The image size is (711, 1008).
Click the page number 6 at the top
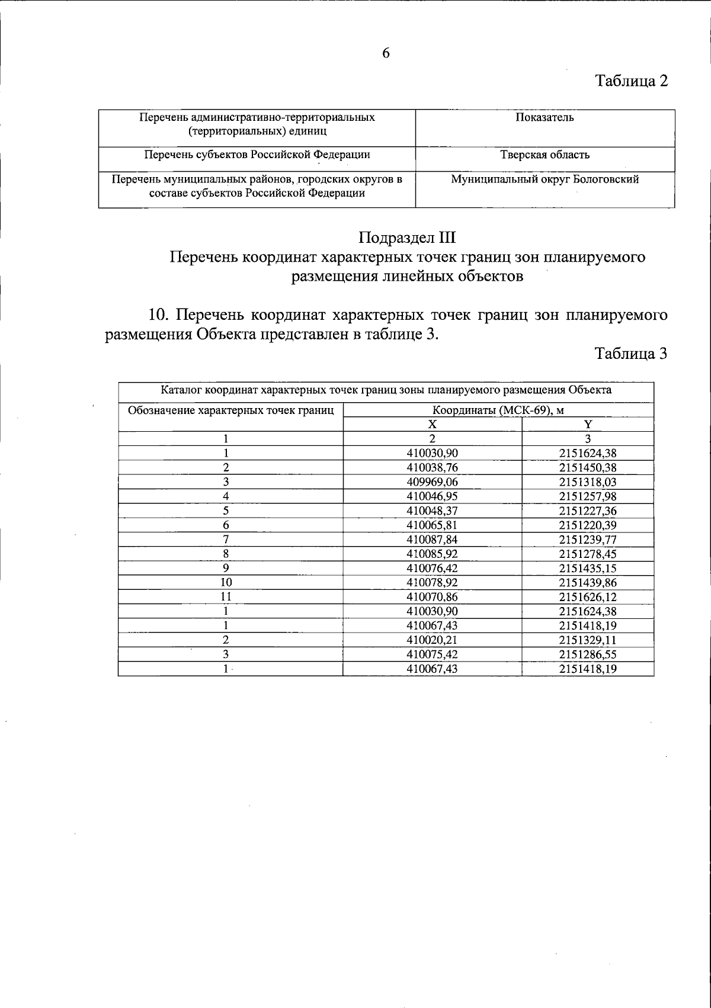pos(386,53)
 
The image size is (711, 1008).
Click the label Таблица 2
pos(631,81)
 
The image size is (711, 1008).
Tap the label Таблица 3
pos(631,354)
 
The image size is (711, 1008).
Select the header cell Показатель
pos(545,117)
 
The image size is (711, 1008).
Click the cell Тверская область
pos(545,155)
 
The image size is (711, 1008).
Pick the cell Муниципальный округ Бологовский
pos(545,179)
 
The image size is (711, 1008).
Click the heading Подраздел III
pos(407,238)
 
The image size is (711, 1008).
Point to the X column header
pos(433,425)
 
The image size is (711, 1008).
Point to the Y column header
pos(588,425)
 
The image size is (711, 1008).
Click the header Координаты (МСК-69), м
pos(498,410)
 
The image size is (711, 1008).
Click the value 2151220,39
pos(588,525)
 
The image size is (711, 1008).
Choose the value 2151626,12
pos(588,597)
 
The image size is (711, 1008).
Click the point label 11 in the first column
pos(226,597)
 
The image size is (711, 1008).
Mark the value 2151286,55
pos(588,654)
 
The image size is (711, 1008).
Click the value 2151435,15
pos(588,569)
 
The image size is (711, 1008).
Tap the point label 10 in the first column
pos(226,583)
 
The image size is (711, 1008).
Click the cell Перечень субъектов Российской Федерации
pos(257,155)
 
